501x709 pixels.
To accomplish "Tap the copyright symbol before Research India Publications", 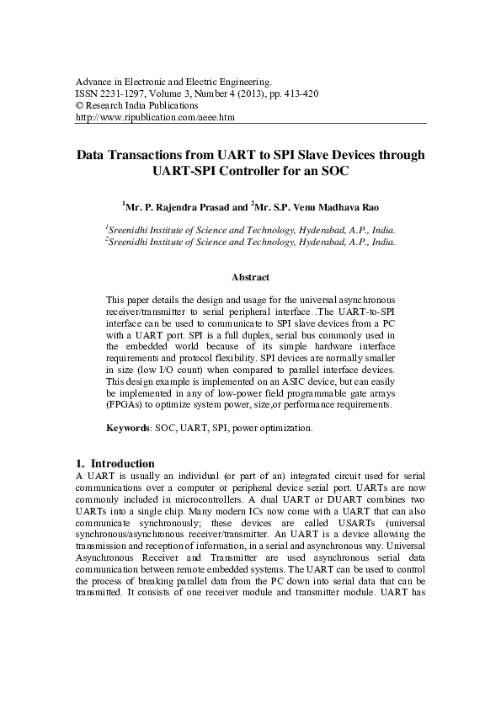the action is click(x=80, y=107).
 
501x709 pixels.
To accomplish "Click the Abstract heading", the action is click(x=250, y=277).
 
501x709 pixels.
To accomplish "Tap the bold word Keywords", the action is click(x=128, y=428).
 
